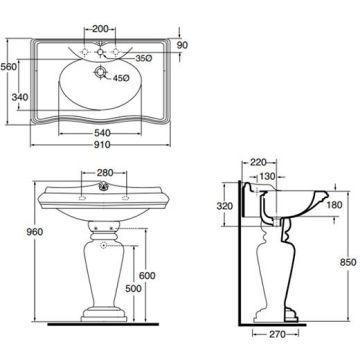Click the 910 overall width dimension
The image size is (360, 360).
pyautogui.click(x=102, y=145)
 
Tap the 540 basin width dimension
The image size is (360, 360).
pyautogui.click(x=102, y=133)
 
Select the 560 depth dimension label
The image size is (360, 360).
pyautogui.click(x=8, y=67)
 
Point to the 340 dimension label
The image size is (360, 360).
pyautogui.click(x=20, y=97)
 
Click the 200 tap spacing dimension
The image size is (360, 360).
pyautogui.click(x=100, y=29)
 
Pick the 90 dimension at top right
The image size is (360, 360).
pyautogui.click(x=182, y=45)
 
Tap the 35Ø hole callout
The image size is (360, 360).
pyautogui.click(x=144, y=58)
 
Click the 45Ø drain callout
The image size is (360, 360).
pyautogui.click(x=121, y=78)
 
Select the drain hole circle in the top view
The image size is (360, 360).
pyautogui.click(x=100, y=72)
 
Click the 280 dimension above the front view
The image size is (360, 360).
pyautogui.click(x=105, y=173)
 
